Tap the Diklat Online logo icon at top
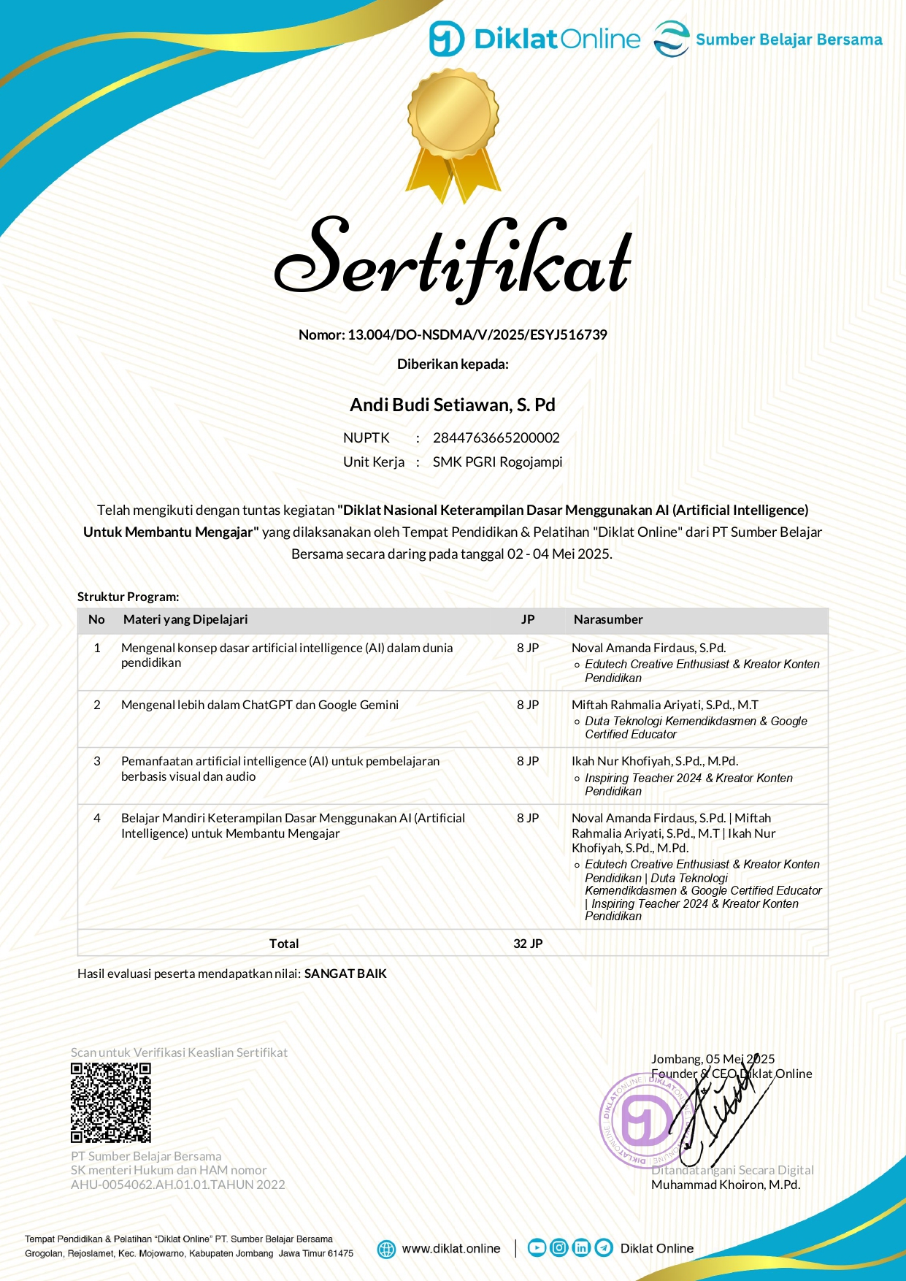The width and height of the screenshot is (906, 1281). pos(446,39)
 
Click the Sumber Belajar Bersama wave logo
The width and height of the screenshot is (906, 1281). pos(671,39)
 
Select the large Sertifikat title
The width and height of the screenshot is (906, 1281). pos(453,259)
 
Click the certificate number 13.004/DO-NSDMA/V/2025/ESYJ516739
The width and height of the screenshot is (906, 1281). pos(477,334)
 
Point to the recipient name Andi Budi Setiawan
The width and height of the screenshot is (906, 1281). pos(453,405)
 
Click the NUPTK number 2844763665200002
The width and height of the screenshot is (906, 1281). pos(496,437)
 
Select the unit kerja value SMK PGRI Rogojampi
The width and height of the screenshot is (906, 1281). pos(497,462)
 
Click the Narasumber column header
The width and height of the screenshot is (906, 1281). pos(608,619)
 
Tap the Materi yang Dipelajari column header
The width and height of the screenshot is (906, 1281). pos(185,619)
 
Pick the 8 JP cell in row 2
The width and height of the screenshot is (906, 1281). pos(528,705)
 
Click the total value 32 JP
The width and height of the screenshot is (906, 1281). pos(528,944)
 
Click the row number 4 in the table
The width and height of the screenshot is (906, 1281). pos(97,818)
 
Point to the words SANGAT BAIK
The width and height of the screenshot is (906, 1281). pos(345,974)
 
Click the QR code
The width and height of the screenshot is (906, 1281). pos(111,1103)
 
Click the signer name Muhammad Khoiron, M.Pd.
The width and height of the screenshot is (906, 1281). pos(726,1185)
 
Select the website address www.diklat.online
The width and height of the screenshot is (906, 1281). pos(451,1248)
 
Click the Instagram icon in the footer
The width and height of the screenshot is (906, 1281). pos(558,1247)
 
